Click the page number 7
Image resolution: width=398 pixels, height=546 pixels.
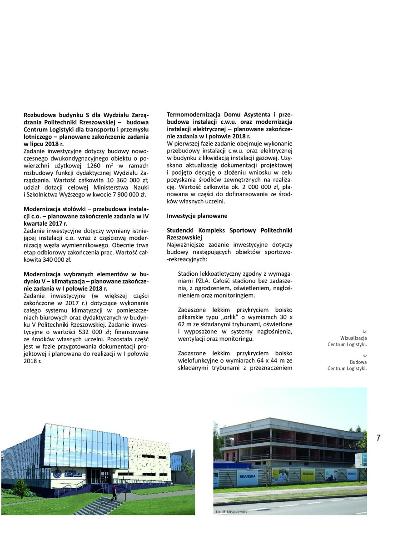click(378, 438)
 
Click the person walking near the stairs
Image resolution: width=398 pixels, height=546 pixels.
click(114, 492)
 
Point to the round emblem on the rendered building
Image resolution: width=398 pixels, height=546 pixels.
click(57, 474)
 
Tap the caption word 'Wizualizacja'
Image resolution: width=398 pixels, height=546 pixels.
click(353, 339)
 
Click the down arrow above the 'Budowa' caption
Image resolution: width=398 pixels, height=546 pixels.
click(365, 355)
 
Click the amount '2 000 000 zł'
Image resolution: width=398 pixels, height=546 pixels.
click(256, 187)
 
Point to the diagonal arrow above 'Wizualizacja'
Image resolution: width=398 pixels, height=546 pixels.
click(365, 332)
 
